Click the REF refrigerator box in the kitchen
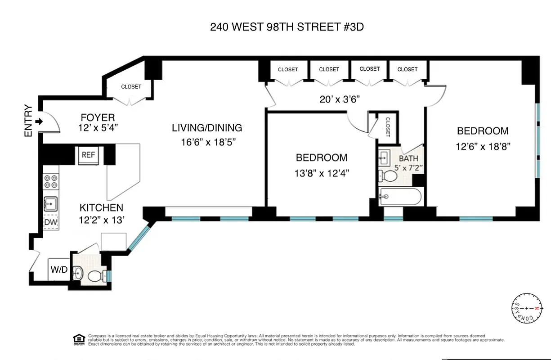[88, 154]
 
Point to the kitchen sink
[50, 204]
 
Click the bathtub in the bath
[400, 197]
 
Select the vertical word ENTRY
[28, 121]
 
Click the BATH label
[408, 158]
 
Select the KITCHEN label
[101, 208]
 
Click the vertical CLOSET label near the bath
[388, 127]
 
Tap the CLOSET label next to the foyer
[131, 86]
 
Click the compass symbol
[526, 309]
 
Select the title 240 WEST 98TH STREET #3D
[287, 27]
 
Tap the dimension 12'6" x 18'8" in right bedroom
[483, 146]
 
